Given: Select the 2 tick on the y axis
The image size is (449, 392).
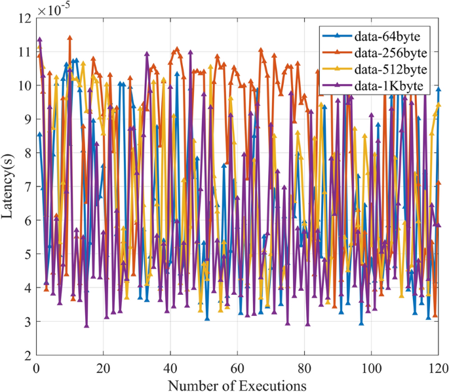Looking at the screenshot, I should [27, 355].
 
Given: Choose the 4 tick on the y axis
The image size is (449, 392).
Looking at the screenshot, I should [27, 288].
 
